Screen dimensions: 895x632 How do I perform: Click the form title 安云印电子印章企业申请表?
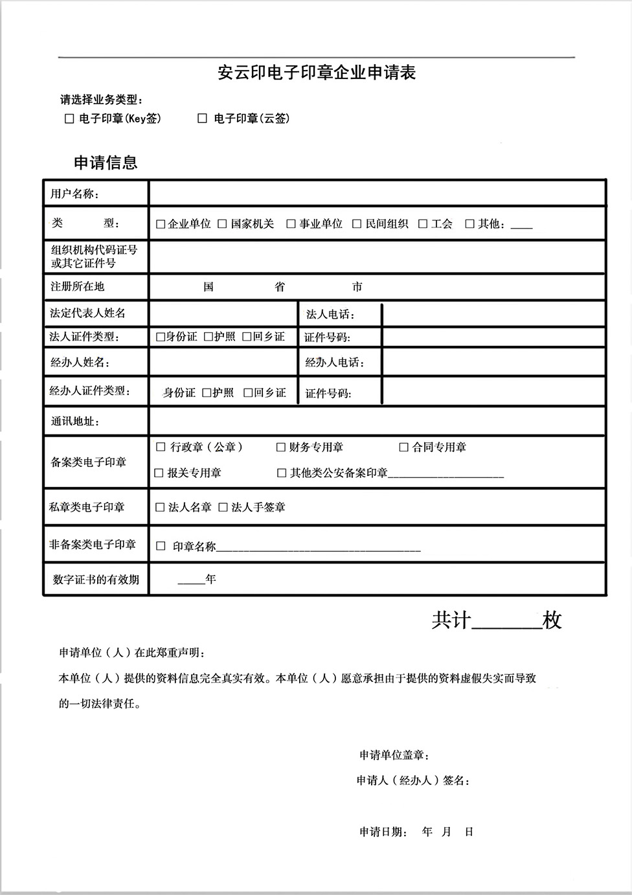click(x=316, y=73)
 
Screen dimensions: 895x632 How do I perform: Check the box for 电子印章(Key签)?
click(x=69, y=119)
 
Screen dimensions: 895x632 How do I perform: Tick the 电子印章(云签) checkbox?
click(x=202, y=119)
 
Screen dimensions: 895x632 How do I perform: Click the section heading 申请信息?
click(x=106, y=162)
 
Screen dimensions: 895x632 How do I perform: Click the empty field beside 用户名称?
click(x=377, y=194)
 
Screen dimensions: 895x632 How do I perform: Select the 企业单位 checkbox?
click(x=161, y=225)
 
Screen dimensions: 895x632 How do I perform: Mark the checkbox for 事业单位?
click(x=291, y=224)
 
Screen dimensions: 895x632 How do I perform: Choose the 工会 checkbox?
click(x=423, y=224)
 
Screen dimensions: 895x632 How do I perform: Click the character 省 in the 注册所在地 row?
click(x=280, y=287)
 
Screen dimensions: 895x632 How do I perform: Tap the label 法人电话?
click(x=330, y=315)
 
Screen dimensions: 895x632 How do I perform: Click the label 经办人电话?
click(x=334, y=363)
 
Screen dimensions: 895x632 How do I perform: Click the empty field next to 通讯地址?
click(x=377, y=421)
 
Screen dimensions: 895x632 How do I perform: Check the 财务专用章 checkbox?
click(x=281, y=447)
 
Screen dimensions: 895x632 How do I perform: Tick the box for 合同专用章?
click(x=403, y=447)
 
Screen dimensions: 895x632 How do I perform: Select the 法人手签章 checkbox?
click(x=223, y=507)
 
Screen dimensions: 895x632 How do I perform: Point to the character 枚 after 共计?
click(x=552, y=620)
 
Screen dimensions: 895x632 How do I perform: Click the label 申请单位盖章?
click(x=394, y=755)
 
